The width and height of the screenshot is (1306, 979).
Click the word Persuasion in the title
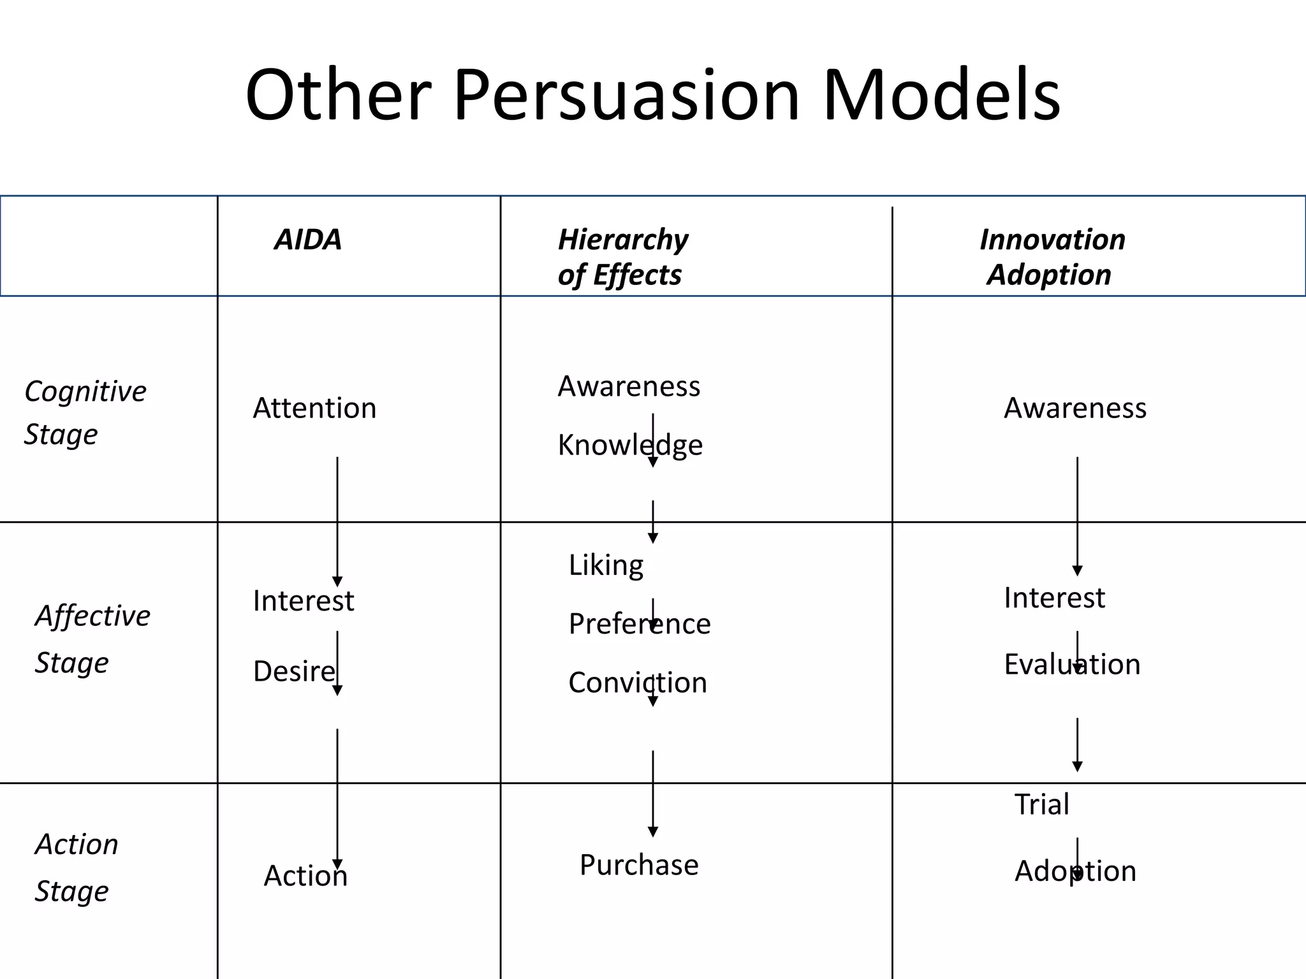(x=626, y=96)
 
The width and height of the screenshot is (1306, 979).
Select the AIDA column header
(x=308, y=240)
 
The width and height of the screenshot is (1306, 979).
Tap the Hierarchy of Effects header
(x=622, y=257)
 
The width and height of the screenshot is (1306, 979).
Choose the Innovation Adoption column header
(x=1052, y=257)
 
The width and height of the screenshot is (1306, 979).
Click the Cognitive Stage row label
(x=85, y=412)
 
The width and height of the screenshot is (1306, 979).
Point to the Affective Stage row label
(x=92, y=639)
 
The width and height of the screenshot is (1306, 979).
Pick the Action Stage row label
(x=77, y=867)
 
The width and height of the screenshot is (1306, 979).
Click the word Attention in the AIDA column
(x=314, y=408)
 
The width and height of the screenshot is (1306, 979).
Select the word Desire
(x=293, y=671)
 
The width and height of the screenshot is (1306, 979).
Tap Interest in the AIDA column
(x=303, y=600)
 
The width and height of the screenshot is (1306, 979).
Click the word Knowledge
(x=630, y=445)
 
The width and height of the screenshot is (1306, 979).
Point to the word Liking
(x=606, y=565)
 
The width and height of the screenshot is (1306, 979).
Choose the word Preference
(x=639, y=624)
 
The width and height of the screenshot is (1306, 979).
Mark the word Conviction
(x=638, y=683)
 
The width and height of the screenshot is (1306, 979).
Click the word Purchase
(x=639, y=865)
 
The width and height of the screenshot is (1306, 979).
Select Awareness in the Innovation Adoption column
(x=1075, y=408)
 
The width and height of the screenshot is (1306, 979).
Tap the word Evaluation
(x=1072, y=664)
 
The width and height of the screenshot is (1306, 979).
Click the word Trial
(x=1042, y=804)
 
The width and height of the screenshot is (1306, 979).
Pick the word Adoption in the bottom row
(x=1075, y=871)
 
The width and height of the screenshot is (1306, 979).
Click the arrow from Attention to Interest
(x=337, y=519)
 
